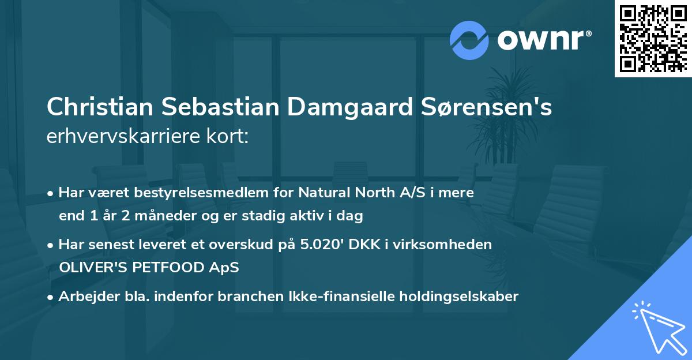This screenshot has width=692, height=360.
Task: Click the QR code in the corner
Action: point(653,39)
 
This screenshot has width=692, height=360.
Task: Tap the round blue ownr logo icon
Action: point(469,40)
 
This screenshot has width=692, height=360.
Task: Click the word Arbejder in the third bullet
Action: point(84,296)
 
